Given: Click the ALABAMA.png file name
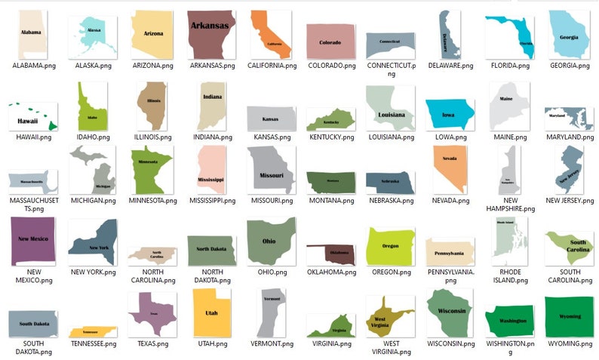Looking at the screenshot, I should (x=34, y=66).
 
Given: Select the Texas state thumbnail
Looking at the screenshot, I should (x=152, y=313).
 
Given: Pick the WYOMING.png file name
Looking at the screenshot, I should (x=570, y=344).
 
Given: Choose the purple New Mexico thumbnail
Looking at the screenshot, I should (x=33, y=241).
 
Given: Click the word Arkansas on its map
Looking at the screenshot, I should (x=210, y=26).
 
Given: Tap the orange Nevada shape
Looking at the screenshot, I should (x=451, y=173).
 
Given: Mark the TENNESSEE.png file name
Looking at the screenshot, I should (x=93, y=344).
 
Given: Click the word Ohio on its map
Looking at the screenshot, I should (x=269, y=242).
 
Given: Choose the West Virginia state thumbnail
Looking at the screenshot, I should (x=390, y=317).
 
